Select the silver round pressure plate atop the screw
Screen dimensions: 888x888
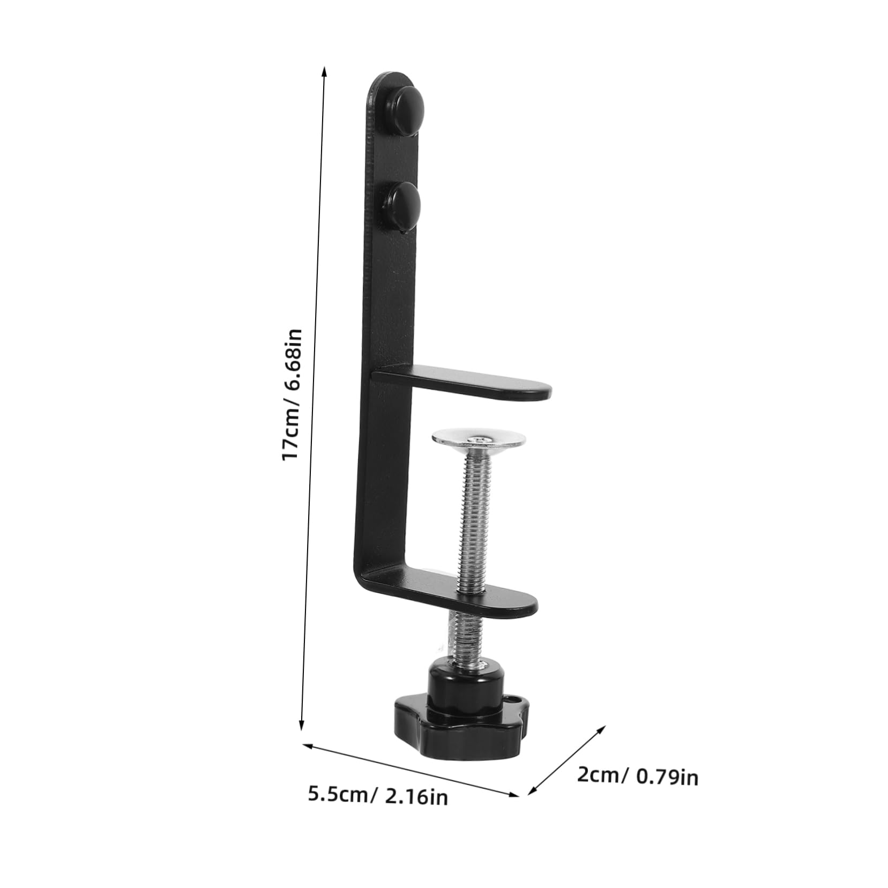tap(479, 438)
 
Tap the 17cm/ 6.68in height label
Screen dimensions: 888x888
tap(293, 394)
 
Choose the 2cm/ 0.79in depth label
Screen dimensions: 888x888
tap(637, 775)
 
